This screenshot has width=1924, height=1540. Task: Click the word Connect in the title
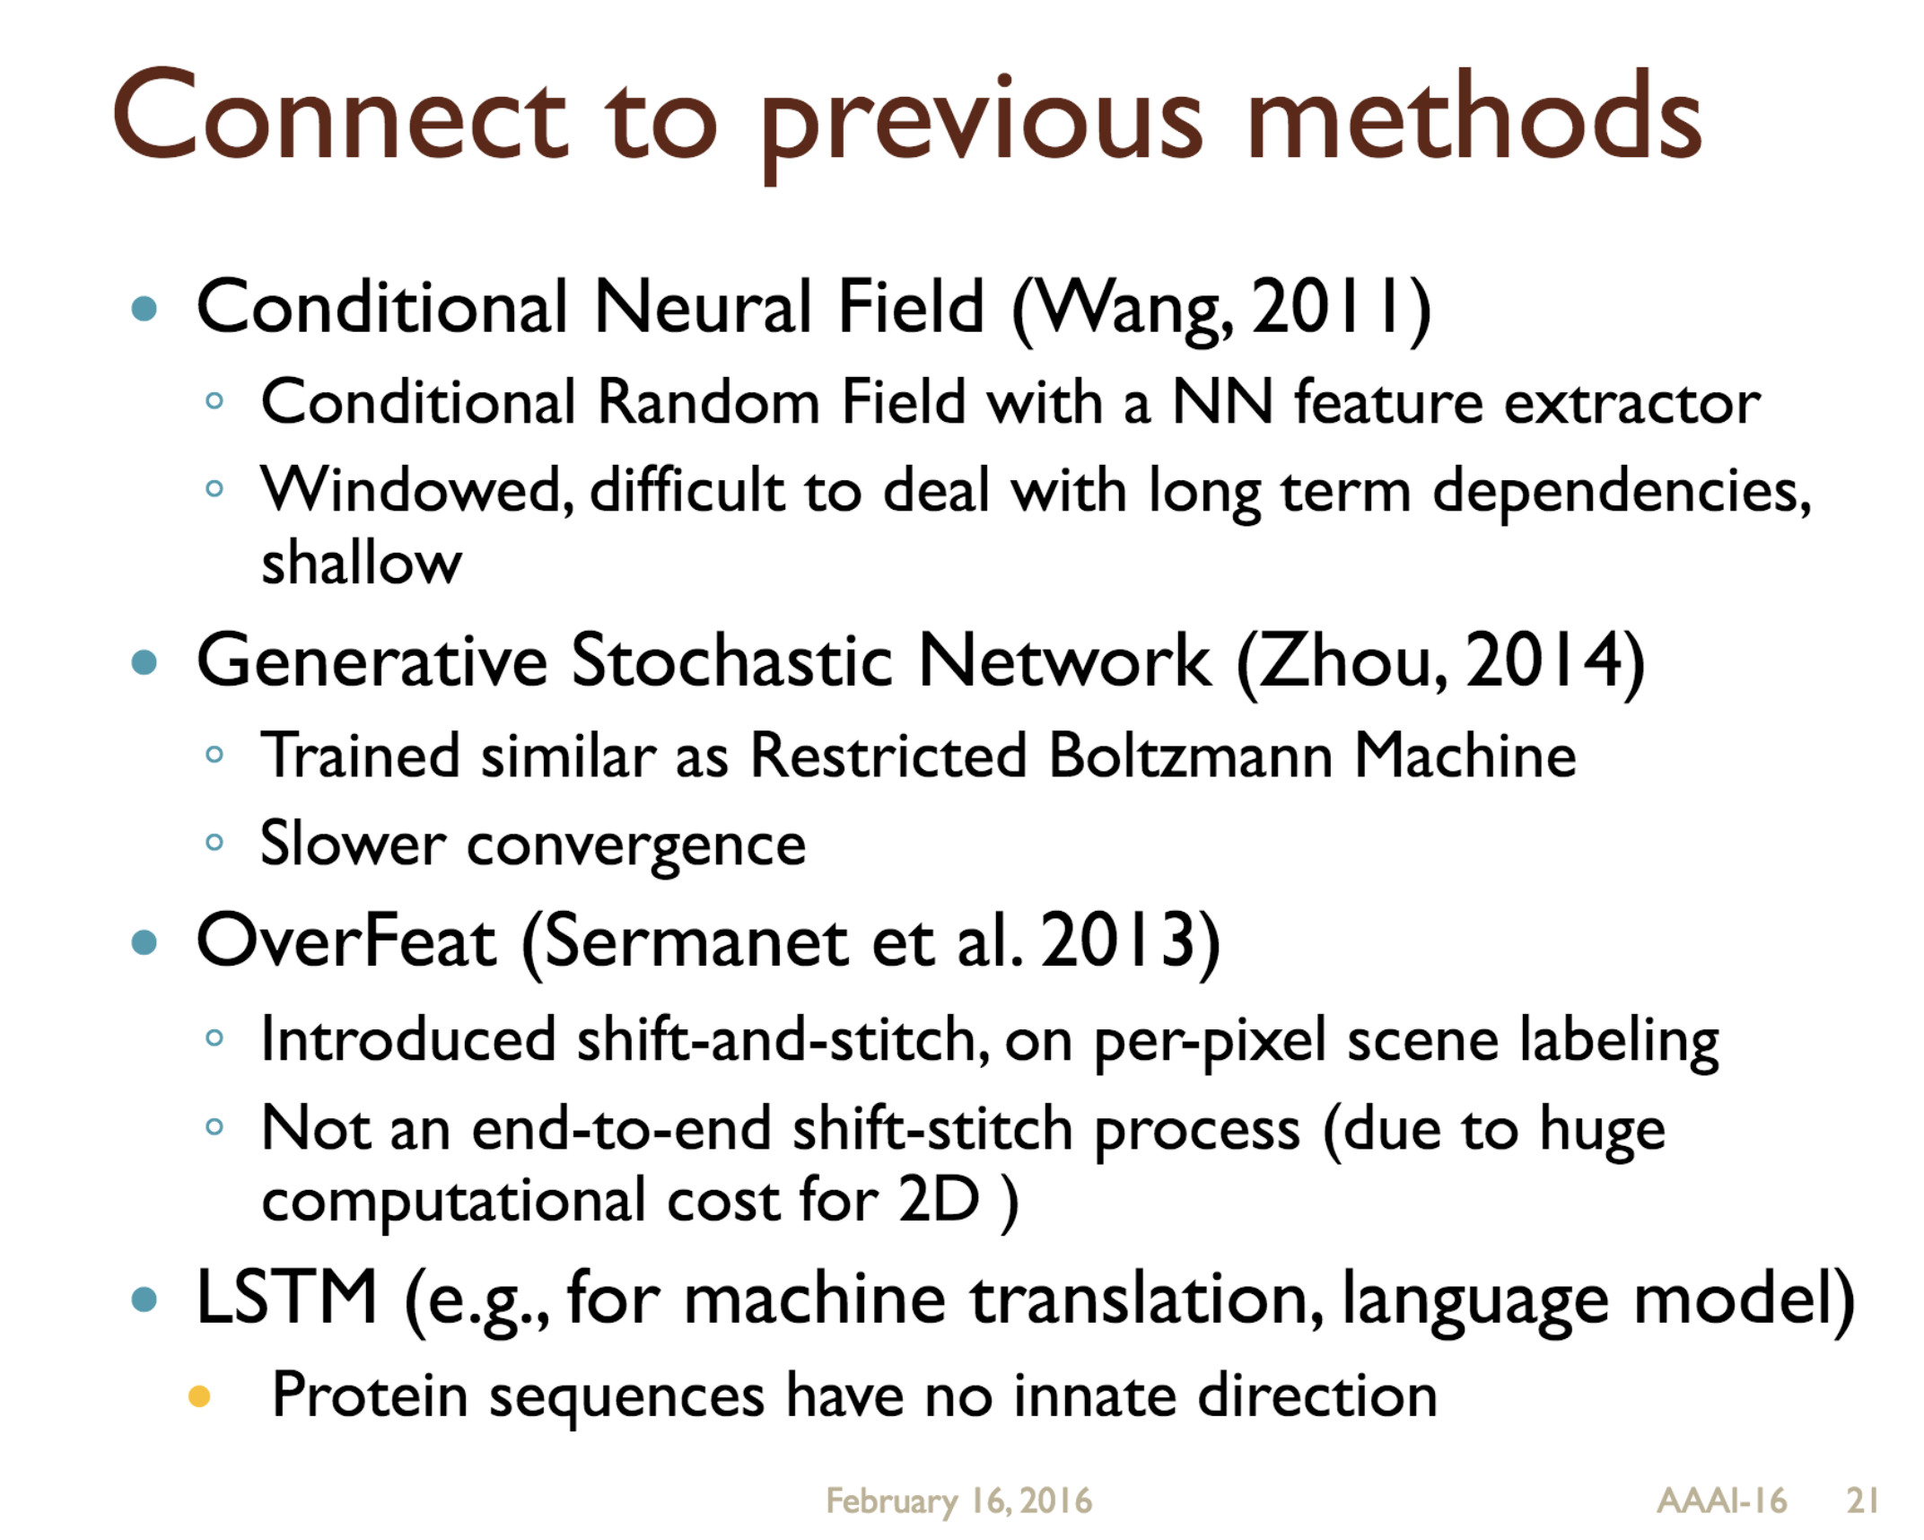[339, 118]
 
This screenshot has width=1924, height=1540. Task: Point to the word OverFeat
[345, 941]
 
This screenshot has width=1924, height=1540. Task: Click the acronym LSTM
[286, 1298]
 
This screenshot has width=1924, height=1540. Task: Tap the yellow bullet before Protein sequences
[198, 1396]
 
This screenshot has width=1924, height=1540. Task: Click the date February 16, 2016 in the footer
[958, 1501]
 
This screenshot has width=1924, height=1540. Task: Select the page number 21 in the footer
[1861, 1501]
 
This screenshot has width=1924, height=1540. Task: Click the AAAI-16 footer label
[1720, 1501]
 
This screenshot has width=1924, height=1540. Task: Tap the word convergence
[635, 845]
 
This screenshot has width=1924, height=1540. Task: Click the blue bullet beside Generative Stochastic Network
[144, 663]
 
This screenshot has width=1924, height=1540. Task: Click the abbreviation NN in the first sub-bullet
[1222, 402]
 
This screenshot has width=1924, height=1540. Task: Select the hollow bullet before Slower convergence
[214, 843]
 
